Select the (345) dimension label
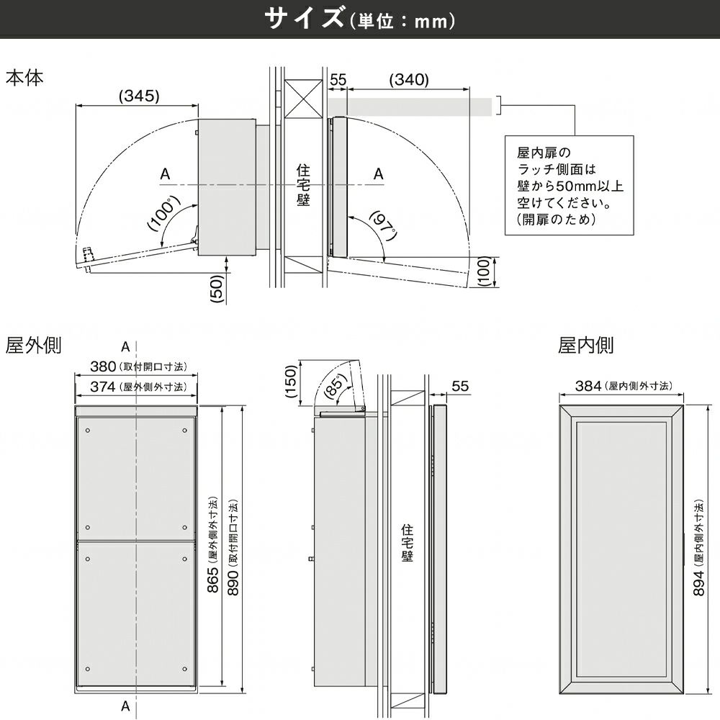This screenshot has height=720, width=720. point(138,95)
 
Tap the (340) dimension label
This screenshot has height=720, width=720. point(408,80)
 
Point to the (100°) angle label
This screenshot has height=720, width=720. point(163,214)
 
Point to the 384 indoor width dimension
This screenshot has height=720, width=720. point(589,386)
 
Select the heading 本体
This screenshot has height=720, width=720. point(24,78)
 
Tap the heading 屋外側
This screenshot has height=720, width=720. point(34,346)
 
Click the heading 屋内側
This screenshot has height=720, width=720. point(586,346)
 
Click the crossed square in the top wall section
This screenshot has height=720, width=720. point(301,98)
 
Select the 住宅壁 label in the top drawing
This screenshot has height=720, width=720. point(303,186)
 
